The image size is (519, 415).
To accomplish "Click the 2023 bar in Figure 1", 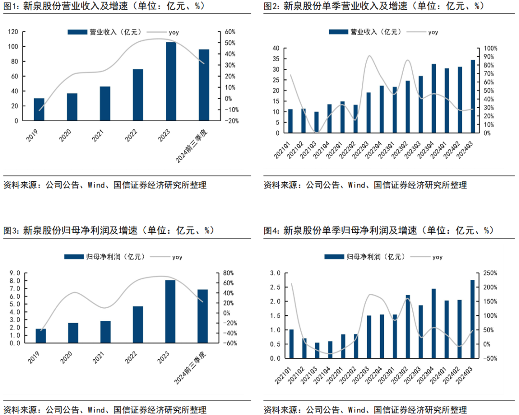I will coord(171,81).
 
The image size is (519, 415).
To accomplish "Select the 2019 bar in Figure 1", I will coord(39,109).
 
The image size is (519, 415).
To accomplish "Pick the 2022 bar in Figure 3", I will coord(138,325).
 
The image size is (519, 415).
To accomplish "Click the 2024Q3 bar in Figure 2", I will coord(472,96).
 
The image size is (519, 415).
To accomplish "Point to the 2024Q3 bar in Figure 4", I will coord(472,319).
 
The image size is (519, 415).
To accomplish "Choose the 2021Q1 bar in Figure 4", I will coord(291,344).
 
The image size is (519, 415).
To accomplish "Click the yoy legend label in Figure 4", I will coord(437,257).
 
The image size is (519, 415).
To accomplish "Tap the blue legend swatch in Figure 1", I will coord(77,32).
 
